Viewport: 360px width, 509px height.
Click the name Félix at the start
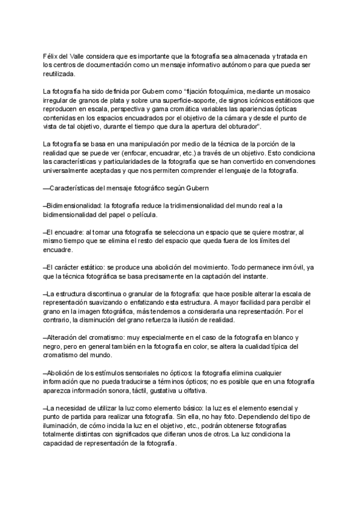coord(52,56)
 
